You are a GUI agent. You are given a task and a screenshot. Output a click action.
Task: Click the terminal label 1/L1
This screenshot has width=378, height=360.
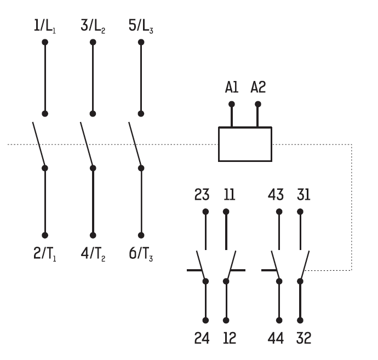coord(44,26)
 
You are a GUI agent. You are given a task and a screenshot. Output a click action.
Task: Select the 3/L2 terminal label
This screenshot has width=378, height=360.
coord(93,26)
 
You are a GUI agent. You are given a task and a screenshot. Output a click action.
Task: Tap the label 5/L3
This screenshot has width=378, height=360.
coord(140,26)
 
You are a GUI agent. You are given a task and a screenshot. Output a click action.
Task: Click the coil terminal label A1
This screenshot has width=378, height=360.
coord(231,87)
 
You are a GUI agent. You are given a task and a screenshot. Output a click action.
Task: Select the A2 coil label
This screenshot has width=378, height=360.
coord(257,87)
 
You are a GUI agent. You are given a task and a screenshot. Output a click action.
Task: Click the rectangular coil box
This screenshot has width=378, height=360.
coord(245,144)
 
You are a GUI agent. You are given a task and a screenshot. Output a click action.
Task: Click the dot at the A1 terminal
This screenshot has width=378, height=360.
coord(231,104)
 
